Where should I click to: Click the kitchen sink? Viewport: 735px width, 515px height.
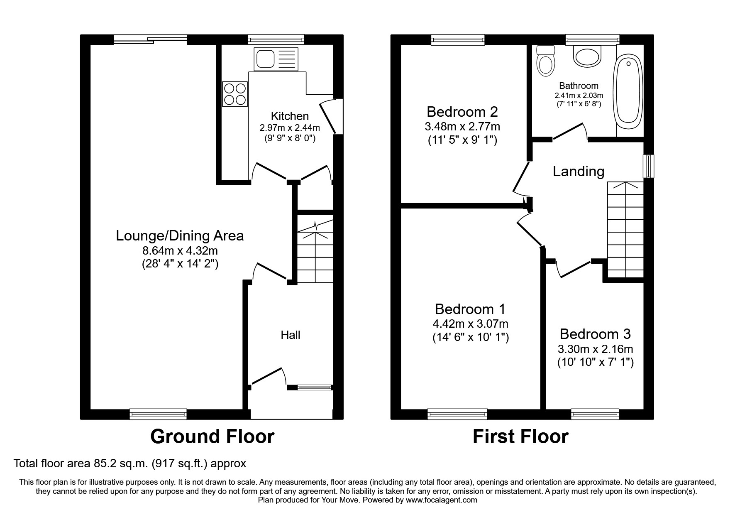276,59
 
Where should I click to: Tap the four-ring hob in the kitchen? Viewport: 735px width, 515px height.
235,94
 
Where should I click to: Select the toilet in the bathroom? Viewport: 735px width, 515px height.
545,62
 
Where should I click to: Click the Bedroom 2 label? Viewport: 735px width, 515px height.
462,112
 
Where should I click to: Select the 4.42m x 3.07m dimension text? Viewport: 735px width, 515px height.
470,324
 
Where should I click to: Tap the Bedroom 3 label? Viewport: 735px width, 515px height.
595,334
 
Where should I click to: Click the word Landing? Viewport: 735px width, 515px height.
578,171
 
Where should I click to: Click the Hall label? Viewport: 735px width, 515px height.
290,335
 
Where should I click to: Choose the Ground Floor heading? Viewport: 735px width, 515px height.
212,437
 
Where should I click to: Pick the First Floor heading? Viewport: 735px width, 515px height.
520,437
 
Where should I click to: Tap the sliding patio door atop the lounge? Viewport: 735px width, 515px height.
150,39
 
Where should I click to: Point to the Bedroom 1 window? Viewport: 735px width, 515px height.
457,414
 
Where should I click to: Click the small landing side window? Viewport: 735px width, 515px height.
648,166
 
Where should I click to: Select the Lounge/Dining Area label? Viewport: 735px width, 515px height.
180,235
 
